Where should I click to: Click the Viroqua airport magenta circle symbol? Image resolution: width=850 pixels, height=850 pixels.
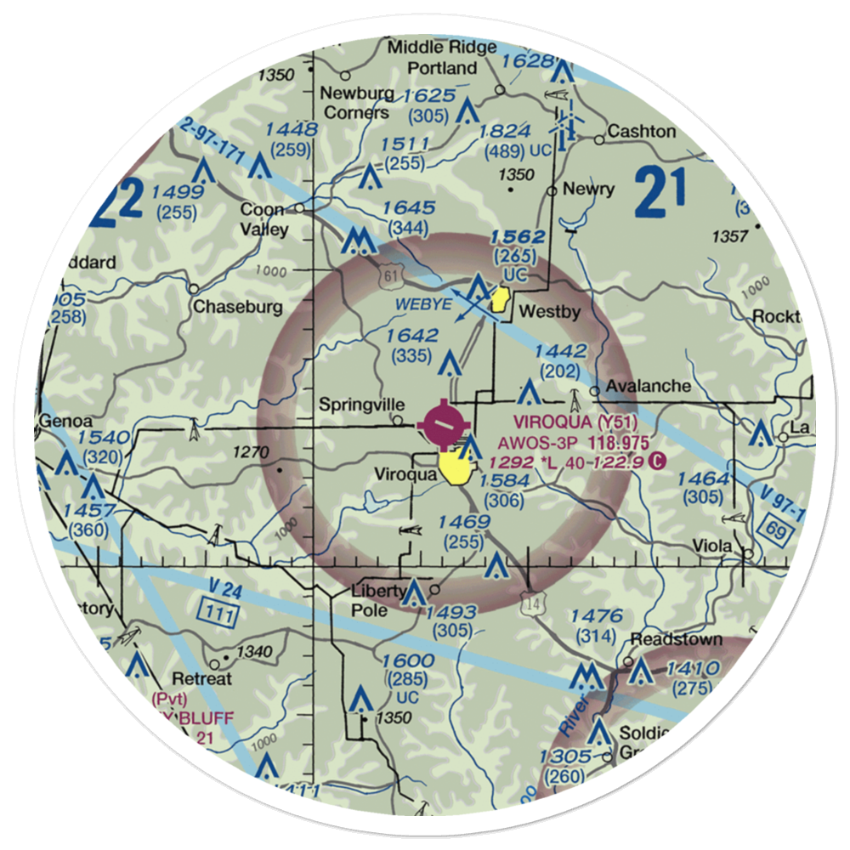point(444,421)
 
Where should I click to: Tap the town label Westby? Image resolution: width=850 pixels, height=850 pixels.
point(549,312)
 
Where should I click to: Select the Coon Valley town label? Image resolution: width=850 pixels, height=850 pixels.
point(263,219)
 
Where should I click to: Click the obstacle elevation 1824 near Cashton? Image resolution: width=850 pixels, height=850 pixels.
point(505,132)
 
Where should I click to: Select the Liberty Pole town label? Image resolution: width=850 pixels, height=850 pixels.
point(382,601)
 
